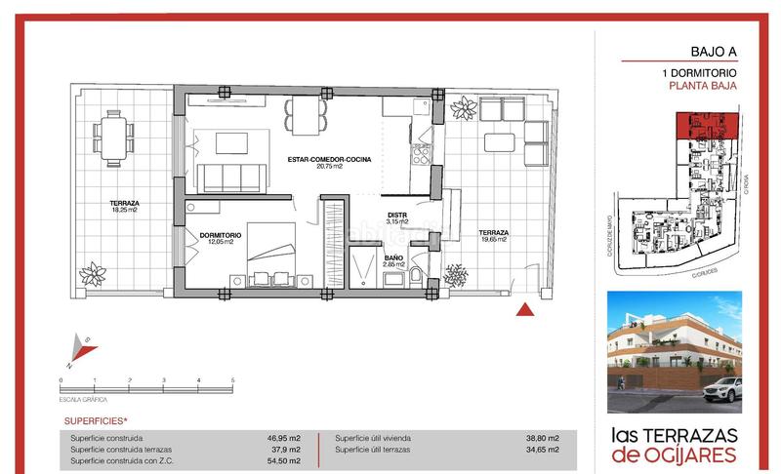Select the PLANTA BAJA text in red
pos(702,86)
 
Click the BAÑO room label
pos(392,259)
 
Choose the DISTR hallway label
pos(396,217)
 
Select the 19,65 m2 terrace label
pos(491,236)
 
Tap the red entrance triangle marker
pos(524,309)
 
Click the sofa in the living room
pos(232,178)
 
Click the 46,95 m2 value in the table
pos(283,439)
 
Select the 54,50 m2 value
pos(283,460)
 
